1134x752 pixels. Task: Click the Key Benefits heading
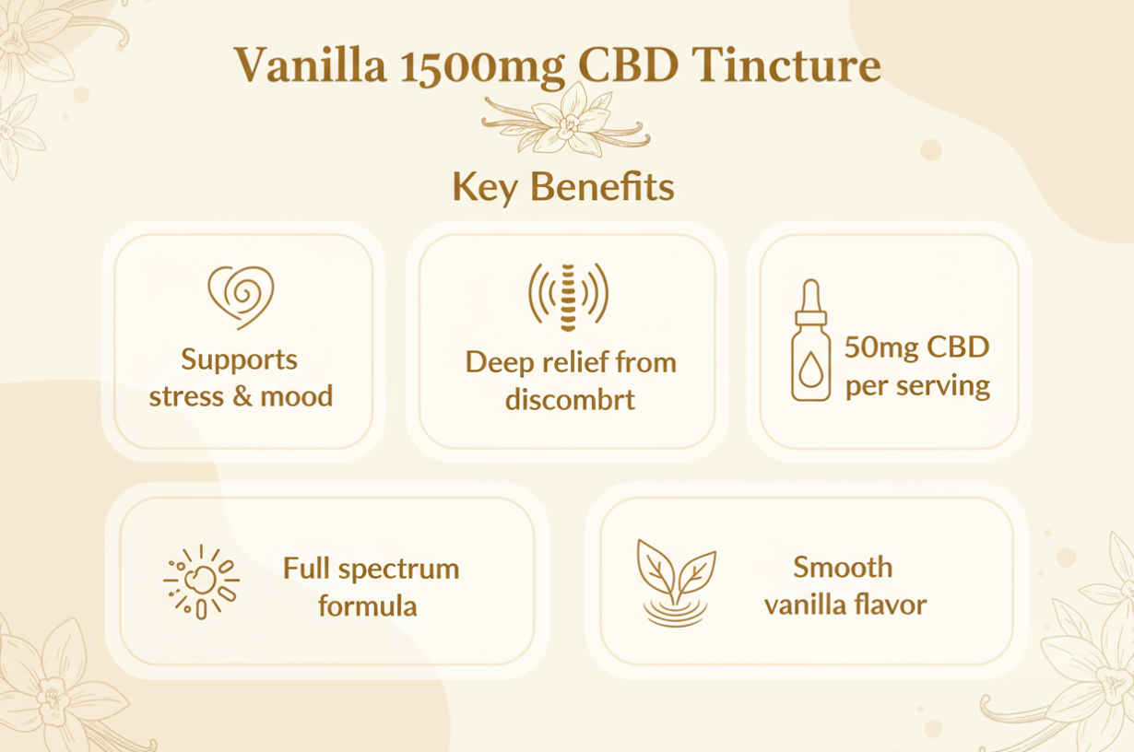coord(562,187)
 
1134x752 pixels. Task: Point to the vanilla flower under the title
coord(565,120)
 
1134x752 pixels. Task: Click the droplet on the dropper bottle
coord(810,371)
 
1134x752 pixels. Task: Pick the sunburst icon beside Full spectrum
coord(202,582)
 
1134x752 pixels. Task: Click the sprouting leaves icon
coord(675,582)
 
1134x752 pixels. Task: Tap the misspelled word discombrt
coord(570,400)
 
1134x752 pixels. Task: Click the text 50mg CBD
coord(916,348)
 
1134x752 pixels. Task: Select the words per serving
coord(917,384)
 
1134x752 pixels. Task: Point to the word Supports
coord(240,359)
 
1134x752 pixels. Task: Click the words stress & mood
coord(241,396)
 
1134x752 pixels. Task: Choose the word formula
coord(368,605)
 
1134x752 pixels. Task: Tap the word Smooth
coord(843,567)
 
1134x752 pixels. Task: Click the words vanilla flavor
coord(845,605)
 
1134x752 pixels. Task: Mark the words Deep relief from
coord(571,362)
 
